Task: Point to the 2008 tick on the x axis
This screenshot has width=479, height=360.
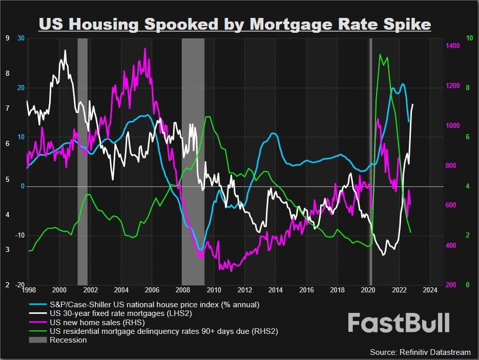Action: click(x=182, y=290)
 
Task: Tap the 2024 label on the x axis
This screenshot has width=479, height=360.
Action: click(x=430, y=290)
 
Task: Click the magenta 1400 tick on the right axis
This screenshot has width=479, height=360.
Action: click(x=452, y=46)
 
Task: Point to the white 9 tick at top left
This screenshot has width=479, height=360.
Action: click(x=7, y=38)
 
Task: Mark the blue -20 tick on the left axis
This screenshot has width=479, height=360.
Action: click(x=19, y=285)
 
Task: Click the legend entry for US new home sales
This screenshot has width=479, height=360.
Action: click(x=97, y=323)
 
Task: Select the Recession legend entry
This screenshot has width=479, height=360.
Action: click(x=68, y=340)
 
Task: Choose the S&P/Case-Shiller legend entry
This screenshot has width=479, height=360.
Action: click(x=154, y=305)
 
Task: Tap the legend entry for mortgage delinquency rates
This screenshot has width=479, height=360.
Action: click(x=164, y=331)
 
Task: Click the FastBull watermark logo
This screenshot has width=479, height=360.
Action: click(x=399, y=323)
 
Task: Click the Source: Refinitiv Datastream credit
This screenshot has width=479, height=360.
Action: click(x=420, y=352)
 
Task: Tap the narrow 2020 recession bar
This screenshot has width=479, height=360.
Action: click(x=370, y=154)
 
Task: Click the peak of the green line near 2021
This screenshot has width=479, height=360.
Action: click(x=380, y=54)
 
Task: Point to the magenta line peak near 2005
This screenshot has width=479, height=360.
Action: click(x=145, y=49)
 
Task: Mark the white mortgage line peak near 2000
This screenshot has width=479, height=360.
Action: click(x=65, y=51)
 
